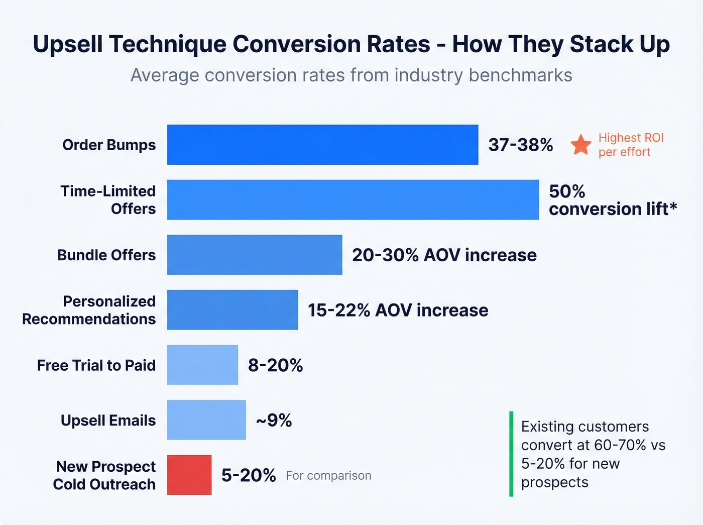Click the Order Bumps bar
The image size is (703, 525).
[322, 145]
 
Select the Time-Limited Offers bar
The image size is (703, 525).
[353, 200]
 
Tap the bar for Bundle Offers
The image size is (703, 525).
[255, 255]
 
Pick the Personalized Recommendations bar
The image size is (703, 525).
[232, 310]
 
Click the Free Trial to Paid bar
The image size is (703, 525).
[202, 365]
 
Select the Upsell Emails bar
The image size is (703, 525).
[206, 420]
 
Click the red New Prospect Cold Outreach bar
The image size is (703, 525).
[189, 475]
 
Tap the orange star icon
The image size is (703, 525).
[581, 145]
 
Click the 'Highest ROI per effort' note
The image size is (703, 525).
[631, 145]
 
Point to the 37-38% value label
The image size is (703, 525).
[521, 145]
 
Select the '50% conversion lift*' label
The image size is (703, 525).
[613, 200]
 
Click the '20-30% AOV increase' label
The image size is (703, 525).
[444, 255]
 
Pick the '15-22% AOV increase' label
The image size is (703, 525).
[398, 310]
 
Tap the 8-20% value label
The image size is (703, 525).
[275, 365]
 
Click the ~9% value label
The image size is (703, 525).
[274, 420]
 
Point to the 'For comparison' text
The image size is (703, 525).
[328, 476]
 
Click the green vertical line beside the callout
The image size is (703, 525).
[511, 454]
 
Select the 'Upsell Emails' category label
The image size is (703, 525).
[108, 421]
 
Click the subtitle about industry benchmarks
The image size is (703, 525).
[351, 75]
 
